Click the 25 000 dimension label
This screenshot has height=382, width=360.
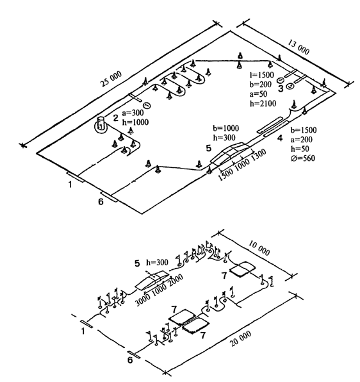click(111, 79)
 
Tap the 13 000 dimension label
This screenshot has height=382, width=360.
click(299, 47)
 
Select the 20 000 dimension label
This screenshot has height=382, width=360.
click(240, 338)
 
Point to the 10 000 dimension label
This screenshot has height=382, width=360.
click(259, 248)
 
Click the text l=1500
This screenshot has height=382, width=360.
click(262, 75)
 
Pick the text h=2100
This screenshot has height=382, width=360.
click(263, 104)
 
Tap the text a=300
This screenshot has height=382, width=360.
click(133, 113)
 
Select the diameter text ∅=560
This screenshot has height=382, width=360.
click(303, 158)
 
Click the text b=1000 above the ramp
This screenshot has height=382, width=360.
click(226, 128)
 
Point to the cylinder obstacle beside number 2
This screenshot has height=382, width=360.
click(101, 124)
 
